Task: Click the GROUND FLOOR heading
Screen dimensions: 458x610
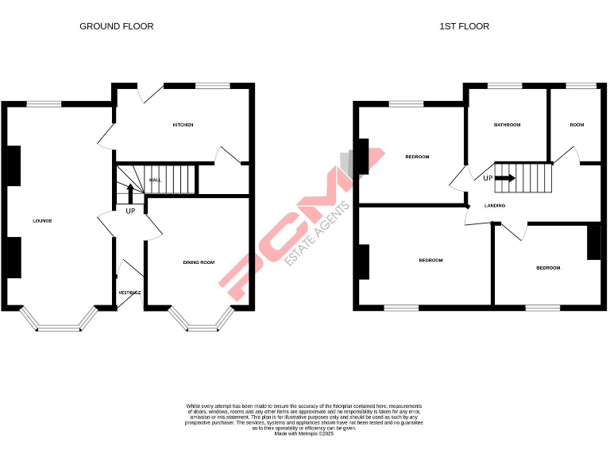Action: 116,26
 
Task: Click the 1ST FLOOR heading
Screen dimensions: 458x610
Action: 465,26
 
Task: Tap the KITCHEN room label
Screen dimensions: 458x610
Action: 183,125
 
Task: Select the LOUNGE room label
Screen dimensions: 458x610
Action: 42,220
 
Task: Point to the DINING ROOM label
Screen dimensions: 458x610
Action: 199,262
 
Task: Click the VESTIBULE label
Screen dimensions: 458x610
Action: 129,293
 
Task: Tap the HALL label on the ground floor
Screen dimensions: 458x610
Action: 156,180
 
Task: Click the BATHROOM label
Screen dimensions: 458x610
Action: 507,125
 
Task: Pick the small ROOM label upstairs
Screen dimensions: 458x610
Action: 577,125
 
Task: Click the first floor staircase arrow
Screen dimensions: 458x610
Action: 505,177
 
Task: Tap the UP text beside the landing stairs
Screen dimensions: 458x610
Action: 488,177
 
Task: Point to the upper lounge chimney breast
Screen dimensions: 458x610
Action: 14,165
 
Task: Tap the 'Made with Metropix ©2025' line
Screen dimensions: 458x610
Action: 304,433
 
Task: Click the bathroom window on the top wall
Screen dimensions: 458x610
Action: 499,86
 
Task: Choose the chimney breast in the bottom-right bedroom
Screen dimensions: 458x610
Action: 593,243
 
